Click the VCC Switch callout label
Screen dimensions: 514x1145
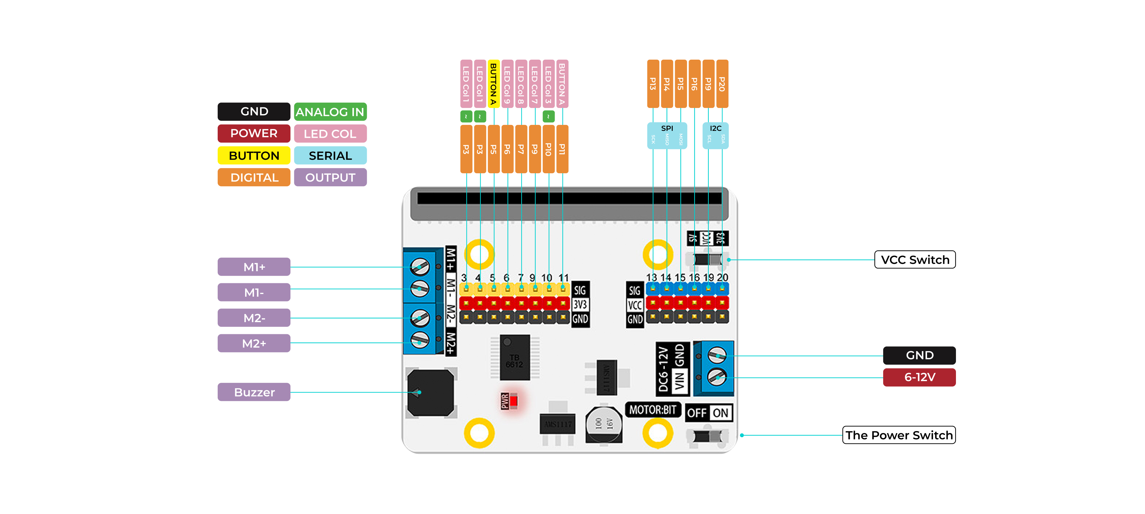coord(915,259)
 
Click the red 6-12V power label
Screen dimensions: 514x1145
coord(919,377)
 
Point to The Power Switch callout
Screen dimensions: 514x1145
coord(899,435)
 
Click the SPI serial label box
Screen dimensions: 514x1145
coord(667,135)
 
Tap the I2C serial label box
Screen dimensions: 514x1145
coord(715,135)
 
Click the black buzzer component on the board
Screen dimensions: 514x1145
coord(431,393)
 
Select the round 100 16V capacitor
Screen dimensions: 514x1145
coord(604,424)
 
